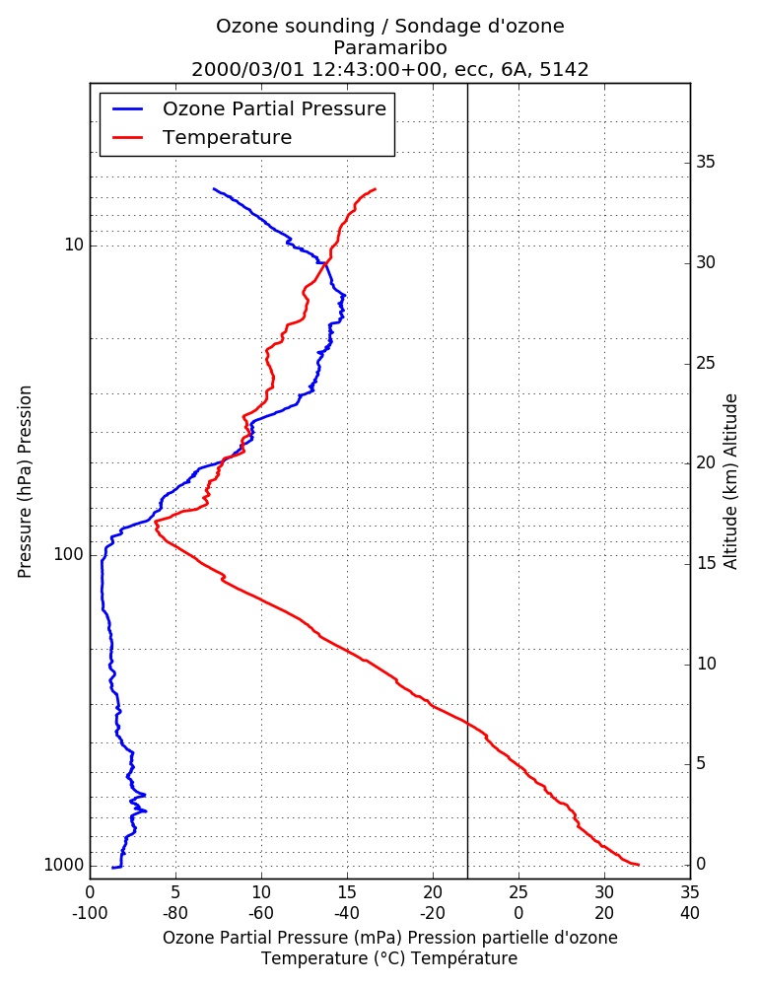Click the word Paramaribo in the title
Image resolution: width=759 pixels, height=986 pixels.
pyautogui.click(x=390, y=47)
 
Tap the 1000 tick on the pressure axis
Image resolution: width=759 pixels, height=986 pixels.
pyautogui.click(x=63, y=866)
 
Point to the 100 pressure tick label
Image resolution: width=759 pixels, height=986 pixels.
pyautogui.click(x=69, y=554)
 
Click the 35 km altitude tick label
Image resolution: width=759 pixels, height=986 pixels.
pyautogui.click(x=706, y=163)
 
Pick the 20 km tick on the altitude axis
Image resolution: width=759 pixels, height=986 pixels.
pyautogui.click(x=706, y=462)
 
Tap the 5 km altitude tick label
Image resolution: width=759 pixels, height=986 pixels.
pyautogui.click(x=701, y=763)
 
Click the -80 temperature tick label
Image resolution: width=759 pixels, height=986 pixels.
pyautogui.click(x=175, y=913)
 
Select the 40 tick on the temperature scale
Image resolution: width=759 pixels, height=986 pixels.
pyautogui.click(x=690, y=913)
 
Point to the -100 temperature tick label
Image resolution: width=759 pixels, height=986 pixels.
pyautogui.click(x=90, y=913)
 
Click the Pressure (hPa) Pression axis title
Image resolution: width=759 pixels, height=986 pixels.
pyautogui.click(x=25, y=482)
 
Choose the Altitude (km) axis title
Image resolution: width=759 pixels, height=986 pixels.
pyautogui.click(x=730, y=482)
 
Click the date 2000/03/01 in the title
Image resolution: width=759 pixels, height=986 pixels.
pyautogui.click(x=248, y=69)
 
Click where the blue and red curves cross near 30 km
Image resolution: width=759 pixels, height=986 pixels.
pyautogui.click(x=324, y=263)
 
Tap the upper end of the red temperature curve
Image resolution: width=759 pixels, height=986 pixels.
pyautogui.click(x=376, y=188)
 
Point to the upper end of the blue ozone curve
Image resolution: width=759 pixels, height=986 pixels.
pyautogui.click(x=214, y=188)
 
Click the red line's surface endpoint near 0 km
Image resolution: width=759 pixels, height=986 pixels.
pyautogui.click(x=639, y=865)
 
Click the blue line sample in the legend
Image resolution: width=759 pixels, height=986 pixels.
pyautogui.click(x=128, y=108)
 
